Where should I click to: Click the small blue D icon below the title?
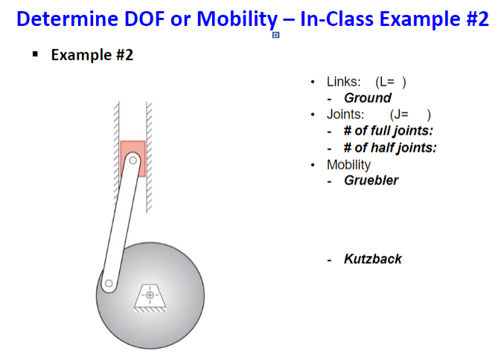275,35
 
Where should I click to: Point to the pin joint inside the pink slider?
133,159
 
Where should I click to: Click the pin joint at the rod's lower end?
109,283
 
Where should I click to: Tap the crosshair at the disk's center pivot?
150,295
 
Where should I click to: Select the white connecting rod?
121,223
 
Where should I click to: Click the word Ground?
367,98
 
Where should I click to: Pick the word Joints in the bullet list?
345,115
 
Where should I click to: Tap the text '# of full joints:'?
388,131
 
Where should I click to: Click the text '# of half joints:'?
390,147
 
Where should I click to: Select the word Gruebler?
371,180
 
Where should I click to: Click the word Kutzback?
372,259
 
